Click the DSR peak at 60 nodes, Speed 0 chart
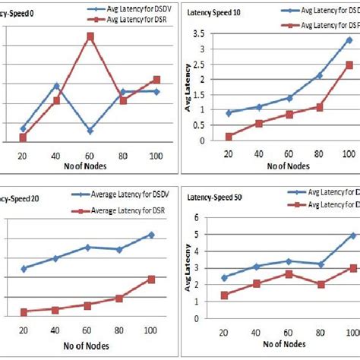91,36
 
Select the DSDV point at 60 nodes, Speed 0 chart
91,131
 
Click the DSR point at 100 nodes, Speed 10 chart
349,65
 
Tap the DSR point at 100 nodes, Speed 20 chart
151,279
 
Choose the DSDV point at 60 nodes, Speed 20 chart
87,248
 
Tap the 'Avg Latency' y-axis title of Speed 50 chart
187,267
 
